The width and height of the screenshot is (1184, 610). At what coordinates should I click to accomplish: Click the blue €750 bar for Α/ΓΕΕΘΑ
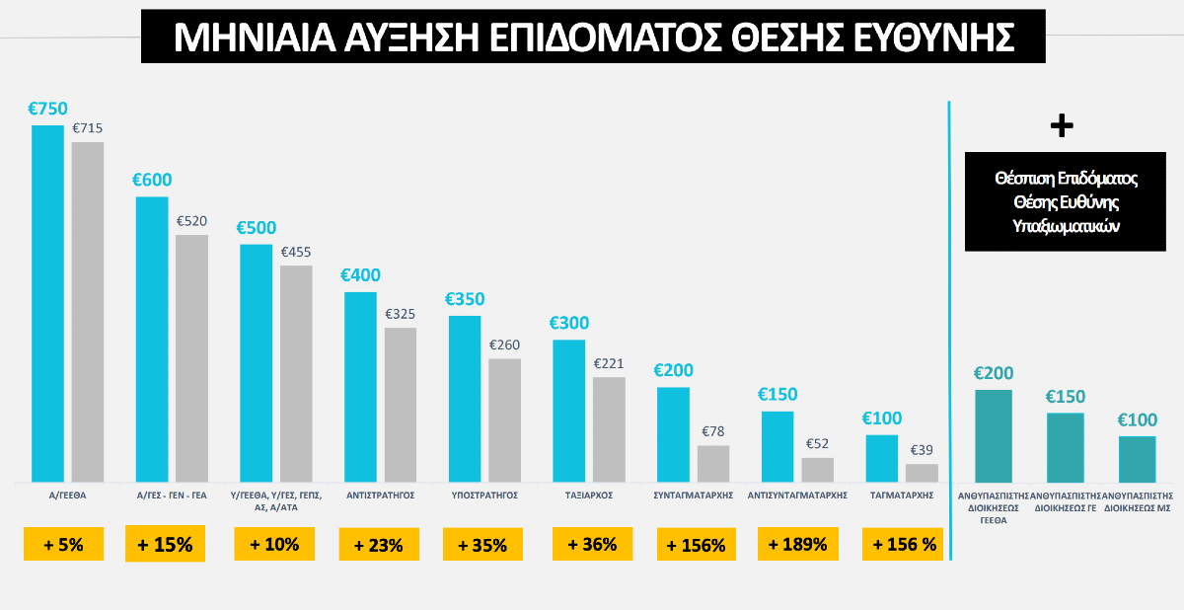[47, 302]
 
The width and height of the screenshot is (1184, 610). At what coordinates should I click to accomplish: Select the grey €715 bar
[88, 311]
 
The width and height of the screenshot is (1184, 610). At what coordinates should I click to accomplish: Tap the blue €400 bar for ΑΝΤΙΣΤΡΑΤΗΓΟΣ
[360, 386]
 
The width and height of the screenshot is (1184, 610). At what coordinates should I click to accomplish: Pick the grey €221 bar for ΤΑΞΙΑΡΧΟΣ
[609, 428]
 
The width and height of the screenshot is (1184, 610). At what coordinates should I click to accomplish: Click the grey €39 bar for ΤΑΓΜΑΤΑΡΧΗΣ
[922, 472]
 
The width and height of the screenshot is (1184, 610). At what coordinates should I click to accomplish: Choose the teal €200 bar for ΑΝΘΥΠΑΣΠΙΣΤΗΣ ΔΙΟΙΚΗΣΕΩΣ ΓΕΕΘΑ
[994, 434]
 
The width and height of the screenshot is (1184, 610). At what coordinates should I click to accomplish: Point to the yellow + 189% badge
[797, 544]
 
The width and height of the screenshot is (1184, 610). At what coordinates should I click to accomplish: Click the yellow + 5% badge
[64, 544]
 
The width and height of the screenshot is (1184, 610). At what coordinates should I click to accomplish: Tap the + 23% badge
[379, 544]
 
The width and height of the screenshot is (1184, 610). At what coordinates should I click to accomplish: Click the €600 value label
[152, 180]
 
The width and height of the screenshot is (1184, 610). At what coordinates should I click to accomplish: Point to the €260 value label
[505, 345]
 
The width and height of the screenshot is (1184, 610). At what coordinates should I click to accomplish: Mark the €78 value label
[713, 431]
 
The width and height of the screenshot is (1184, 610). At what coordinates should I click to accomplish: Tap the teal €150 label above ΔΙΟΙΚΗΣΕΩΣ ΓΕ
[1065, 397]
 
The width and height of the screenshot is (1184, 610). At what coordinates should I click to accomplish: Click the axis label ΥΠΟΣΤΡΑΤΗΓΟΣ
[484, 496]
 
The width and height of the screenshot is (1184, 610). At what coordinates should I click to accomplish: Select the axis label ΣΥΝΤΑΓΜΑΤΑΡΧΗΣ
[694, 496]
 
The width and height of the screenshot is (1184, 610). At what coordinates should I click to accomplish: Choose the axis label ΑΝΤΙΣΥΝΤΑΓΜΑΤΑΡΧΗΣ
[798, 496]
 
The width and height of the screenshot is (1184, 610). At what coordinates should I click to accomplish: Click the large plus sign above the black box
[1062, 125]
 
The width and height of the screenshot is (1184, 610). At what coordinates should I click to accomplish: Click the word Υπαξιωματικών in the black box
[1067, 225]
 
